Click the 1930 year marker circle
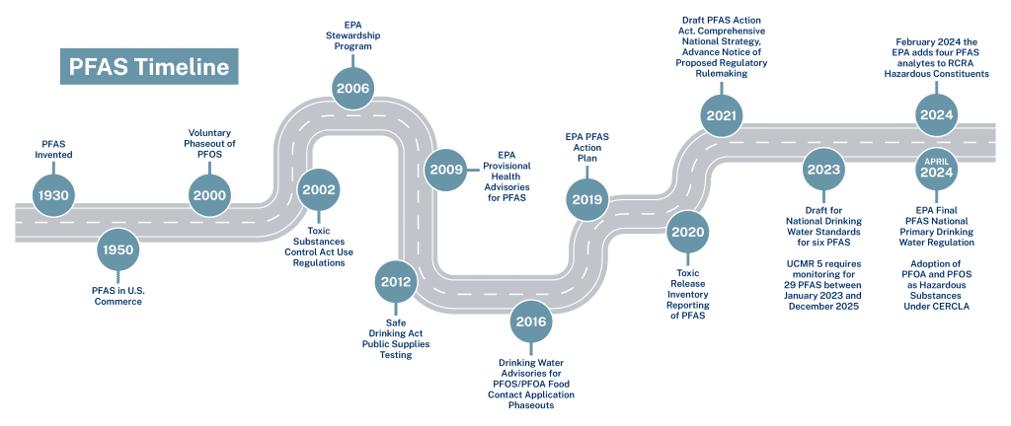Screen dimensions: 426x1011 pyautogui.click(x=53, y=195)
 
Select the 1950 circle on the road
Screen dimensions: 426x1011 pyautogui.click(x=117, y=250)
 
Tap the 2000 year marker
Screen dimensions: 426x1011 pyautogui.click(x=209, y=195)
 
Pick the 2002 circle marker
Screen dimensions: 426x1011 pyautogui.click(x=319, y=189)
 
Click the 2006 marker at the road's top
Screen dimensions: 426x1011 pyautogui.click(x=352, y=89)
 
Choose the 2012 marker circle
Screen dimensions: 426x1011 pyautogui.click(x=395, y=282)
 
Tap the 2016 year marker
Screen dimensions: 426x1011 pyautogui.click(x=532, y=320)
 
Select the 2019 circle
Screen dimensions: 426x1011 pyautogui.click(x=586, y=199)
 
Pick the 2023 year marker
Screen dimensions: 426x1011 pyautogui.click(x=821, y=169)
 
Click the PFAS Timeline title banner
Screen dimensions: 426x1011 pyautogui.click(x=148, y=67)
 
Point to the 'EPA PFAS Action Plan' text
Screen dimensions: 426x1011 pyautogui.click(x=587, y=149)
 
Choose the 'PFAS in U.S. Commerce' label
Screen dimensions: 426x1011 pyautogui.click(x=117, y=296)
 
